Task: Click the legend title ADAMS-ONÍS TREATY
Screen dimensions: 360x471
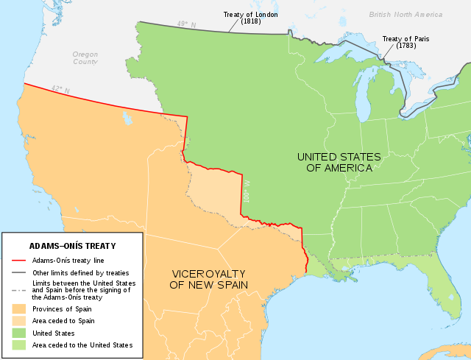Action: tap(72, 246)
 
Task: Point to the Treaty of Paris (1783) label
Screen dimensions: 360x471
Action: tap(405, 41)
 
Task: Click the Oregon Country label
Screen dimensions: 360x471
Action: tap(85, 58)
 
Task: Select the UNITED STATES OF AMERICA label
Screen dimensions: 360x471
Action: tap(339, 162)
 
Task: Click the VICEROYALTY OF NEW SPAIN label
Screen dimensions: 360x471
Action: tap(209, 278)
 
